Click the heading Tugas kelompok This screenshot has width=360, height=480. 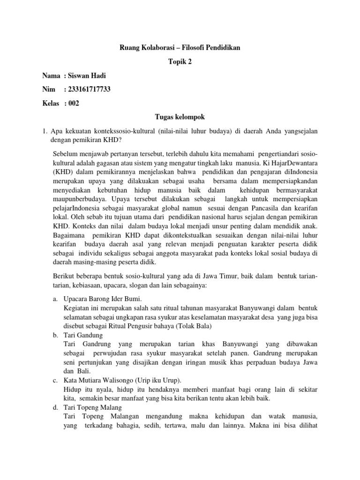point(180,117)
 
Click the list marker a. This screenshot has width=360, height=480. point(56,299)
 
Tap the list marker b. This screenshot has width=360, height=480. point(56,335)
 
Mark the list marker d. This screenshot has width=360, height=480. point(56,407)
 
